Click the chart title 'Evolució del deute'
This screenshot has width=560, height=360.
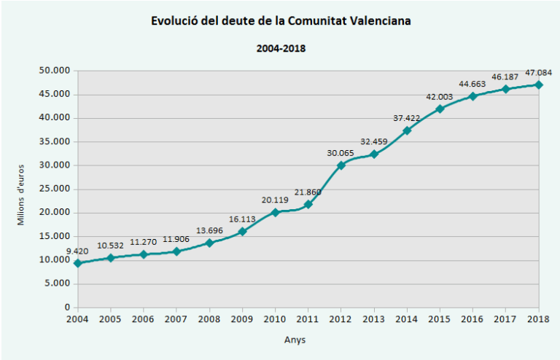point(281,21)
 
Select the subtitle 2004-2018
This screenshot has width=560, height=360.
point(281,49)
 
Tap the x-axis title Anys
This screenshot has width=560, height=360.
point(295,340)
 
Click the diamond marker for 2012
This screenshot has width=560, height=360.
point(341,165)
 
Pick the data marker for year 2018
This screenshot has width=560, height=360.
point(538,85)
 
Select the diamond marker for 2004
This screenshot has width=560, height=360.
point(77,263)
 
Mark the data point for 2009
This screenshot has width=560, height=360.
point(242,231)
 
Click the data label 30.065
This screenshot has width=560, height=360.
point(341,152)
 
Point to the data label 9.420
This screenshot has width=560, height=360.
point(78,251)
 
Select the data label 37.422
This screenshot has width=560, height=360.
point(406,117)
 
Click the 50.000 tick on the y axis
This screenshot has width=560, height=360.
point(54,71)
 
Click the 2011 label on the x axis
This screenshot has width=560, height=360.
point(308,319)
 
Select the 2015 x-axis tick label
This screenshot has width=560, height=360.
point(439,319)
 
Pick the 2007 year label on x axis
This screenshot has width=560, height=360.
point(176,319)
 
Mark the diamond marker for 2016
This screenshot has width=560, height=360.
point(472,96)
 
